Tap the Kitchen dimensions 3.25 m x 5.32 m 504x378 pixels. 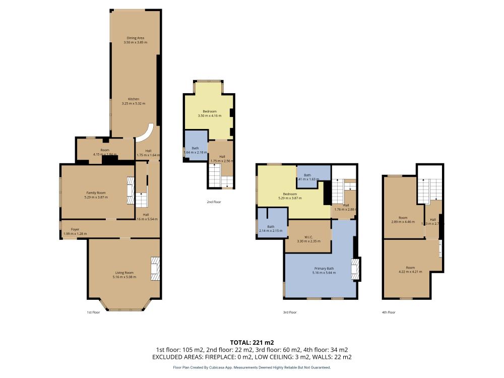click(x=133, y=103)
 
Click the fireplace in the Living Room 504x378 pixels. click(x=156, y=269)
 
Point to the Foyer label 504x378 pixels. click(x=75, y=229)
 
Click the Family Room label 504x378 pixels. click(x=95, y=193)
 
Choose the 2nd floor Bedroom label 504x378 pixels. click(x=210, y=111)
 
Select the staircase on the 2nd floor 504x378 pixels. click(x=214, y=177)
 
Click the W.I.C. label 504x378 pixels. click(x=308, y=237)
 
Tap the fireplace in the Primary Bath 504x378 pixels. click(x=356, y=269)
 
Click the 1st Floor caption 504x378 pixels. click(x=93, y=312)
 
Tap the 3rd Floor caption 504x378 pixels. click(x=290, y=312)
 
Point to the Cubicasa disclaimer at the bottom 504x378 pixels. click(x=251, y=368)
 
